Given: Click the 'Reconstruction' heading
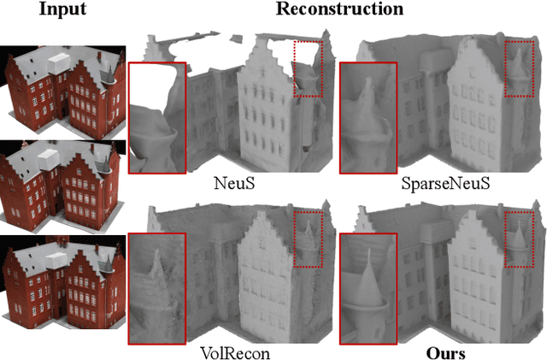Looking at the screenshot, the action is click(338, 9).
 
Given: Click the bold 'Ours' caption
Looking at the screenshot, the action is click(448, 351).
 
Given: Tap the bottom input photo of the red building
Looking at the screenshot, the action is click(62, 275).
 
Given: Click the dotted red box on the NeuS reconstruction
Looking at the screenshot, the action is click(308, 69).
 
